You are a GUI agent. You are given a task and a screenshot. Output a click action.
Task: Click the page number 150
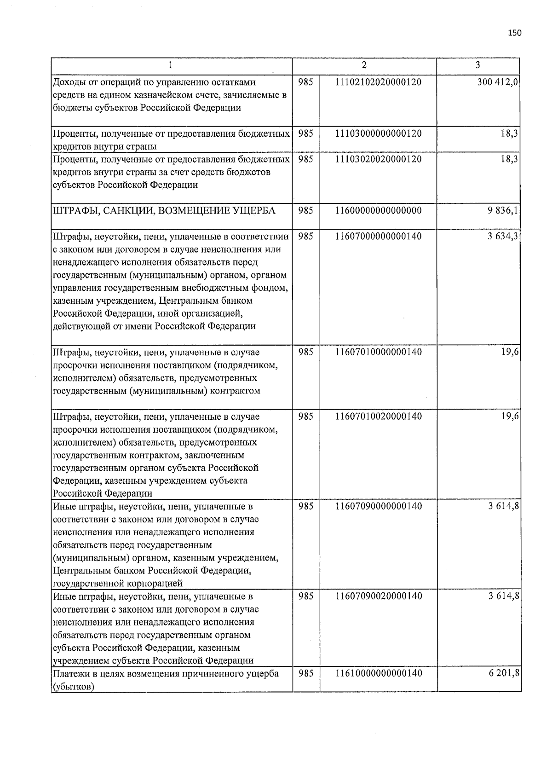(x=515, y=33)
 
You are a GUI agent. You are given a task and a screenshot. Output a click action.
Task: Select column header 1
(x=171, y=65)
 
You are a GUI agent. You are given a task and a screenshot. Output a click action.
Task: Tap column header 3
(x=478, y=65)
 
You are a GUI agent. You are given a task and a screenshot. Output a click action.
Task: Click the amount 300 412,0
(x=498, y=82)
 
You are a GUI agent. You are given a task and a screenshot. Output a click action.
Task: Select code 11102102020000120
(x=378, y=82)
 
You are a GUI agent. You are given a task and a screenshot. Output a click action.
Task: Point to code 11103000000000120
(x=378, y=133)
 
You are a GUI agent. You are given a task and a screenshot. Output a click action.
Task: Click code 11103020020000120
(x=378, y=159)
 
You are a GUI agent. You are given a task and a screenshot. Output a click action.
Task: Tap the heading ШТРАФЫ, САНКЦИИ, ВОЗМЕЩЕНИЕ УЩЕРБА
(x=164, y=211)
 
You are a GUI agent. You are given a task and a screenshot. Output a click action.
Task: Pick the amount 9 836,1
(x=503, y=211)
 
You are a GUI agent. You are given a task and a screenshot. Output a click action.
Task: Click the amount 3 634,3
(x=503, y=237)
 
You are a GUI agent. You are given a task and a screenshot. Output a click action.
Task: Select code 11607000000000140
(x=378, y=237)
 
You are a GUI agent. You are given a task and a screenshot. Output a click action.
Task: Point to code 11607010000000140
(x=378, y=353)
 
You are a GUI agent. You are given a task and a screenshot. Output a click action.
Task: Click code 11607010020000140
(x=378, y=417)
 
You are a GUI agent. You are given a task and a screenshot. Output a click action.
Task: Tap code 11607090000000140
(x=378, y=506)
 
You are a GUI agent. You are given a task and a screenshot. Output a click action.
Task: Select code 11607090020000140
(x=378, y=596)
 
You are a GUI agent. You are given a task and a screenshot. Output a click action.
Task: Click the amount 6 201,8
(x=503, y=673)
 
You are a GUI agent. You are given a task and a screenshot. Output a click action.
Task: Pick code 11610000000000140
(x=378, y=673)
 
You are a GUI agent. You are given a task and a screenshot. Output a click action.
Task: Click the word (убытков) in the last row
(x=73, y=687)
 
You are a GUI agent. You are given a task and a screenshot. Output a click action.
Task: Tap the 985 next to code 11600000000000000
(x=306, y=211)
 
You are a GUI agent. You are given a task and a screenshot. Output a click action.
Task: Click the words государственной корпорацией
(x=118, y=584)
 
